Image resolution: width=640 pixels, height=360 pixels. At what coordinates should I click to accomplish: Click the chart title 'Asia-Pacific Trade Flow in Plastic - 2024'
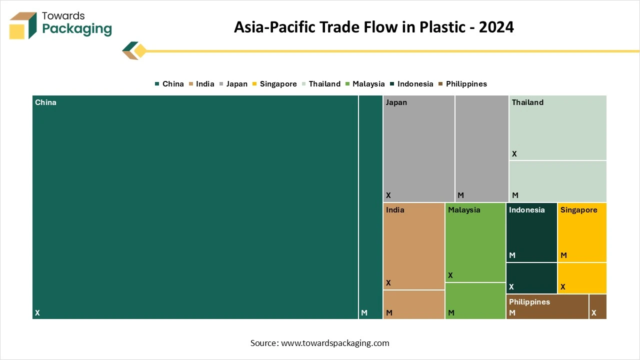pos(373,27)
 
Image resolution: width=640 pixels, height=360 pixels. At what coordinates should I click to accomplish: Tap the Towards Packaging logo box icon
pos(23,25)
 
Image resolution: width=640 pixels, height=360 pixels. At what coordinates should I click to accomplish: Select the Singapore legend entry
pos(274,84)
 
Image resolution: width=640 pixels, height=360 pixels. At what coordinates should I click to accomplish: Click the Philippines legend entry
pos(462,84)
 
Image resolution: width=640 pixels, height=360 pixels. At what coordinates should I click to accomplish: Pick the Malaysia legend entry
pos(364,84)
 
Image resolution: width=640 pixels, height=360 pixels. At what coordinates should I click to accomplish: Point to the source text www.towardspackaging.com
pos(319,343)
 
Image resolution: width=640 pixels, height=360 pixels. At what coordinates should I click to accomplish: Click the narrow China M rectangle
pos(370,207)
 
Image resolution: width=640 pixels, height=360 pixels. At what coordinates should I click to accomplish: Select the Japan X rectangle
pos(418,148)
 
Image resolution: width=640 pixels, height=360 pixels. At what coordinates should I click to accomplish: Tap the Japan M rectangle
pos(481,148)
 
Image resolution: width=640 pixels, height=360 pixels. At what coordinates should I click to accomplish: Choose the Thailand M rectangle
pos(557,181)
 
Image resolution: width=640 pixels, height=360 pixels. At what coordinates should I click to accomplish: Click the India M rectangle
pos(414,304)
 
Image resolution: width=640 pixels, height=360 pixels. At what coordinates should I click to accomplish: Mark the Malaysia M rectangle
pos(475,300)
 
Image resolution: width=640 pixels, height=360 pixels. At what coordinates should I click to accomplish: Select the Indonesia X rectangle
pos(531,278)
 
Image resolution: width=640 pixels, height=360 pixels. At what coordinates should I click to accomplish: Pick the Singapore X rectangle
pos(582,278)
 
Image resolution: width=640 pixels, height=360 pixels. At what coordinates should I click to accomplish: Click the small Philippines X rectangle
pos(598,306)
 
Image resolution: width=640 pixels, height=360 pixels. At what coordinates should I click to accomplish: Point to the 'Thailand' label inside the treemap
pos(527,102)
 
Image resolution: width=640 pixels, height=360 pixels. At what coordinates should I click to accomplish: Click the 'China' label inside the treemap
pos(45,102)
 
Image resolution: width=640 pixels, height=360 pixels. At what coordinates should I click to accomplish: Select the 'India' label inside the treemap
pos(395,210)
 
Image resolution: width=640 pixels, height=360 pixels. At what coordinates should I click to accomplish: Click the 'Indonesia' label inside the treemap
pos(526,210)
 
